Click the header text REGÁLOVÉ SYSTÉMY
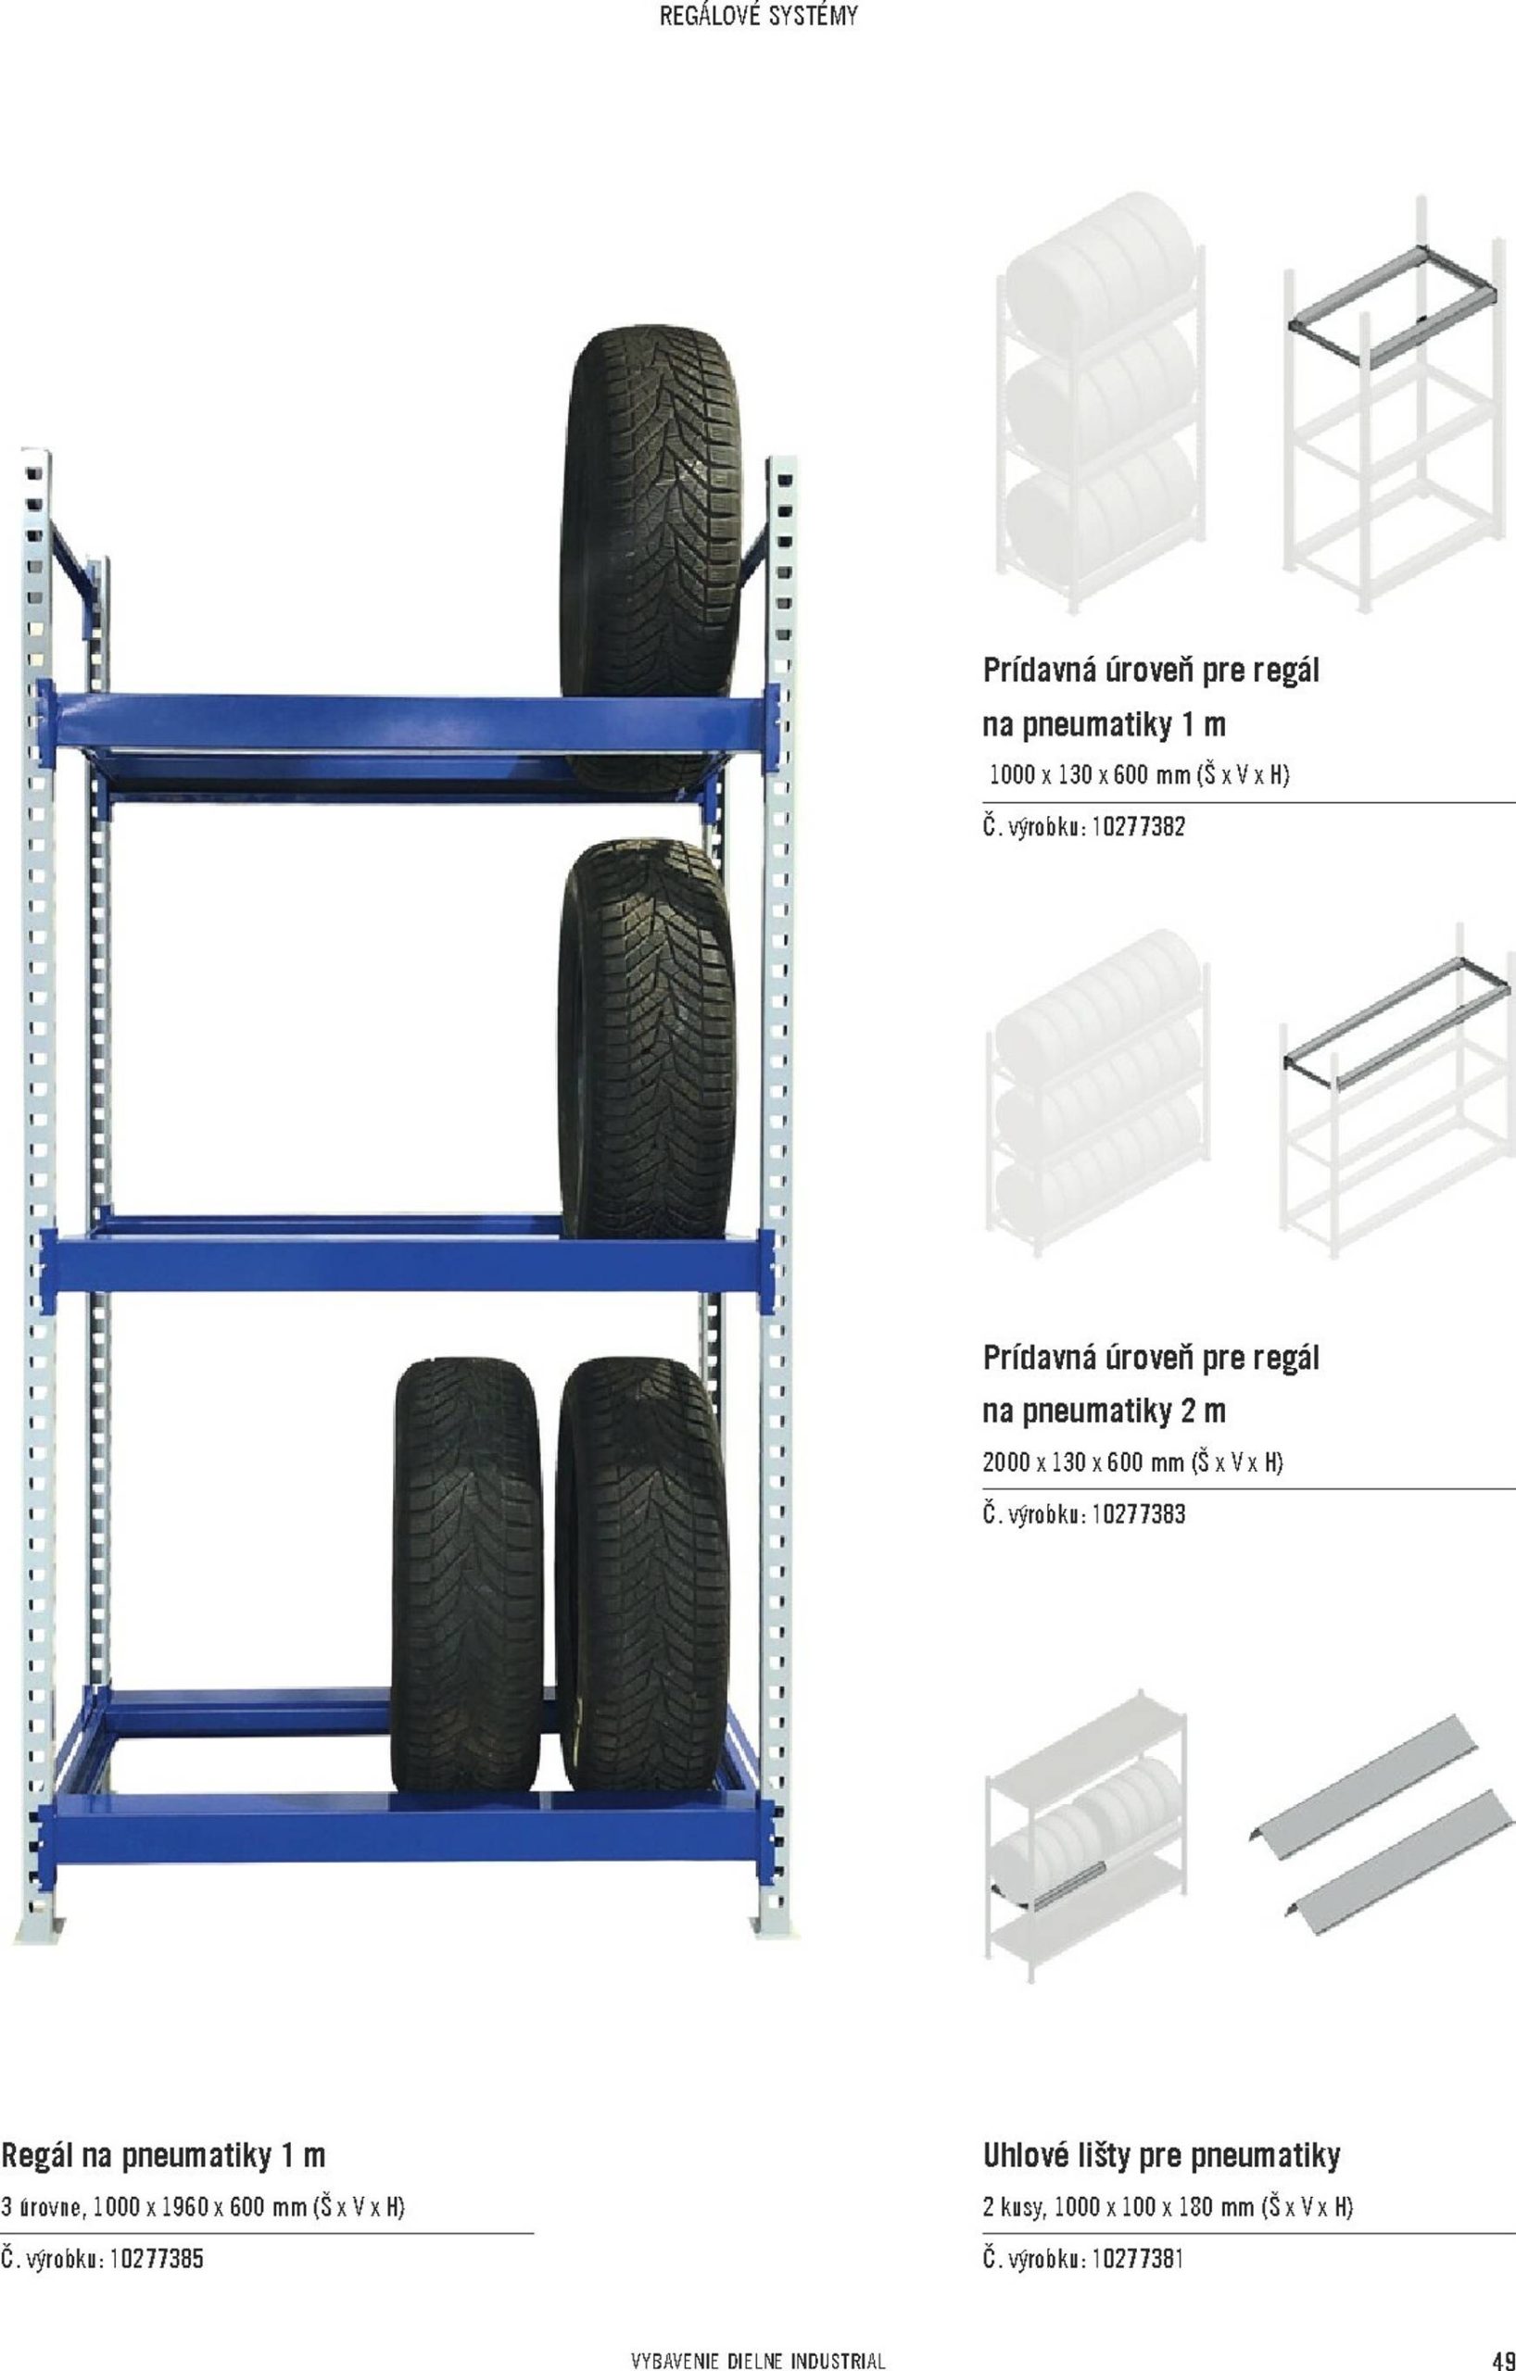[x=757, y=17]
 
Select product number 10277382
[x=1138, y=827]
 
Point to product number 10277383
[x=1138, y=1513]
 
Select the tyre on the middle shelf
[x=646, y=1039]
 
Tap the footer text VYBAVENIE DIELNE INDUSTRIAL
[x=757, y=2353]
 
